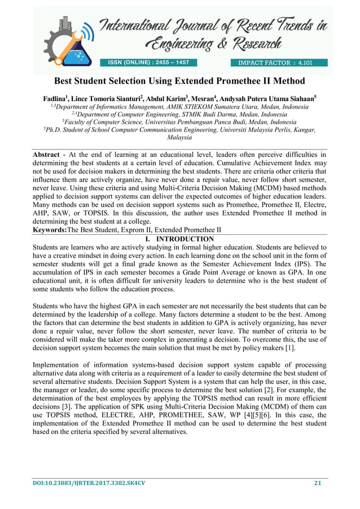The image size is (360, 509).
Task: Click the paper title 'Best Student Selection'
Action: pyautogui.click(x=179, y=81)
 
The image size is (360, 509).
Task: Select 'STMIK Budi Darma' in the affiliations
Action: pyautogui.click(x=208, y=114)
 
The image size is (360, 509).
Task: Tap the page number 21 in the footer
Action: pyautogui.click(x=317, y=483)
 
